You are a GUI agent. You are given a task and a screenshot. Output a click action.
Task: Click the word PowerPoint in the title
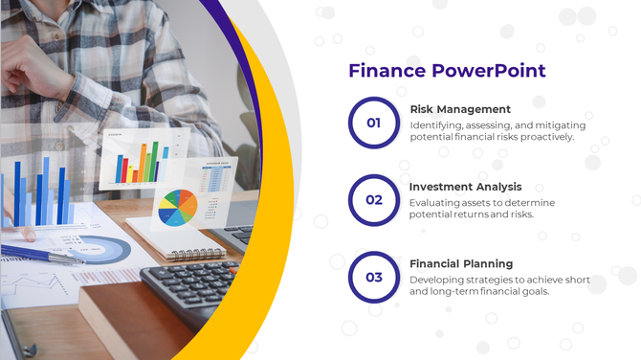(489, 71)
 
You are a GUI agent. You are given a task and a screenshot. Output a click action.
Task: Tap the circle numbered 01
(373, 123)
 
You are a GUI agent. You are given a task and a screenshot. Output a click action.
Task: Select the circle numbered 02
(373, 200)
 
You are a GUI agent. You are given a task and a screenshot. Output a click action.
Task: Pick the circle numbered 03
(373, 278)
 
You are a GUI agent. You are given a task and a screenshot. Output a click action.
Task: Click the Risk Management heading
(460, 109)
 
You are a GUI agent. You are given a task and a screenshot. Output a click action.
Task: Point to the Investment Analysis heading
(465, 187)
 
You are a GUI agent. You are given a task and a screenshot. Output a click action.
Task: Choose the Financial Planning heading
(461, 263)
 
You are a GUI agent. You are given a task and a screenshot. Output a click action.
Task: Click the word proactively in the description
(543, 137)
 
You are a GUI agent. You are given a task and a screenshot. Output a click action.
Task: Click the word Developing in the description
(439, 280)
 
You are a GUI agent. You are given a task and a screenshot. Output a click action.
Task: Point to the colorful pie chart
(177, 207)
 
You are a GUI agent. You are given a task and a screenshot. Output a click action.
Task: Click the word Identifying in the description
(438, 125)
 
